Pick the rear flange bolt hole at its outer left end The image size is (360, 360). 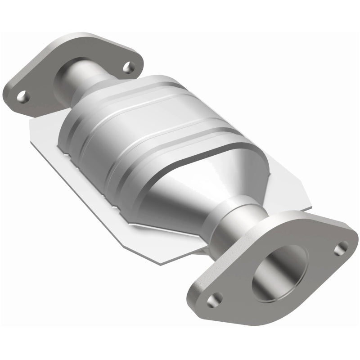pos(22,95)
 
